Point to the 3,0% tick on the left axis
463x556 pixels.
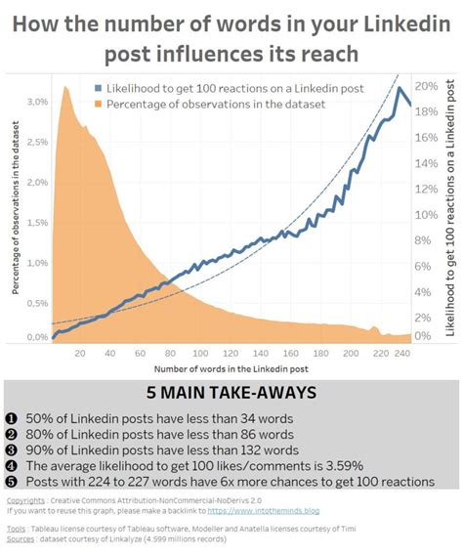coord(36,102)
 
